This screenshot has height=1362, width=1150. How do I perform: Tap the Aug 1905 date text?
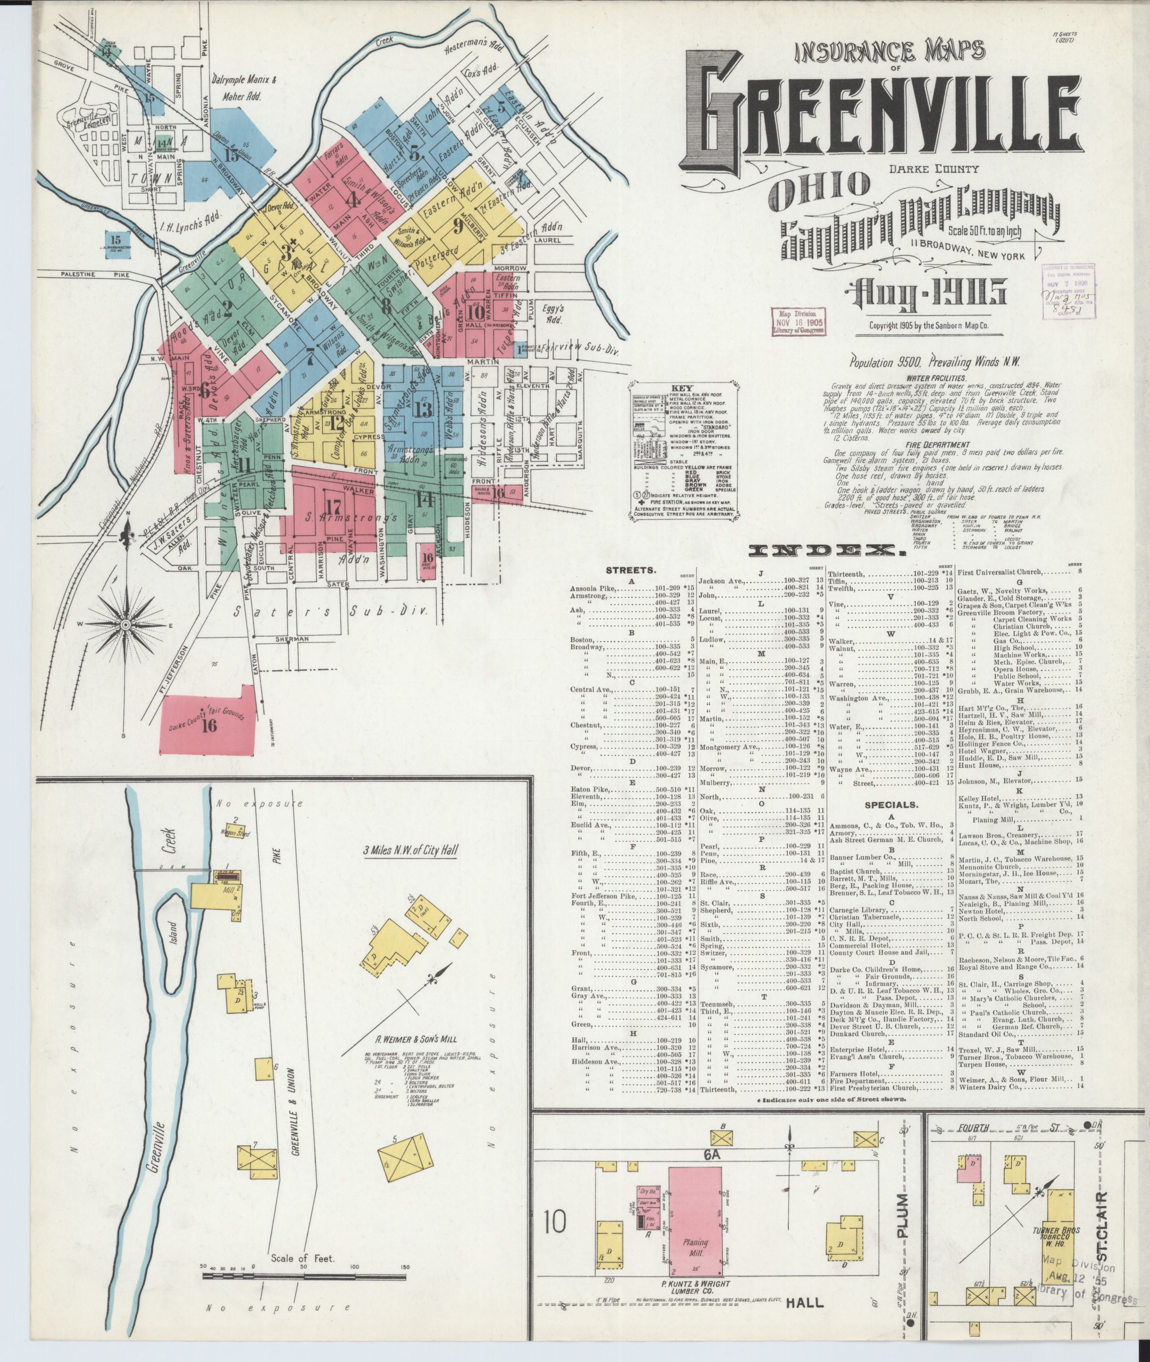[x=925, y=295]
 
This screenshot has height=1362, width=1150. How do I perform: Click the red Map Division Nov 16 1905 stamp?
[x=798, y=322]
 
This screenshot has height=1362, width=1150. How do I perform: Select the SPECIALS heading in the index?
[x=890, y=805]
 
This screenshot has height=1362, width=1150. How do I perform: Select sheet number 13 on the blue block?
[x=423, y=410]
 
